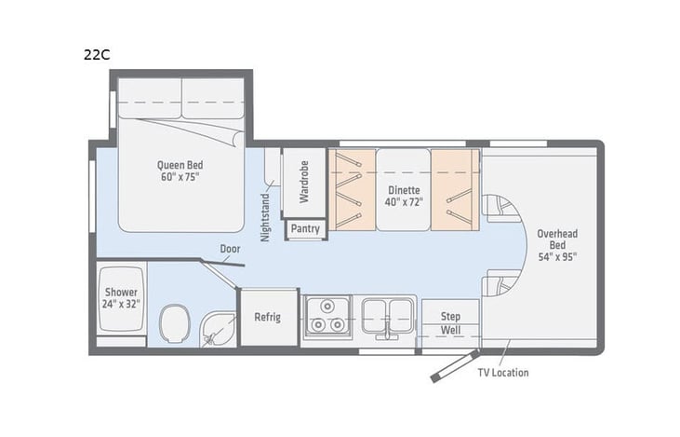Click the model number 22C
[x=96, y=55]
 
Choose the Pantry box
[x=304, y=228]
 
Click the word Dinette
[x=404, y=188]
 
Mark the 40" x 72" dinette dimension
[x=404, y=201]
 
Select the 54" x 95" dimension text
[x=558, y=257]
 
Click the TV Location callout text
[x=503, y=373]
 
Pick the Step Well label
[x=450, y=323]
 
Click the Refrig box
[x=268, y=317]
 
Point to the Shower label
[x=120, y=297]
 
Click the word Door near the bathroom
[x=231, y=249]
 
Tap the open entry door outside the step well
[x=455, y=366]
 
